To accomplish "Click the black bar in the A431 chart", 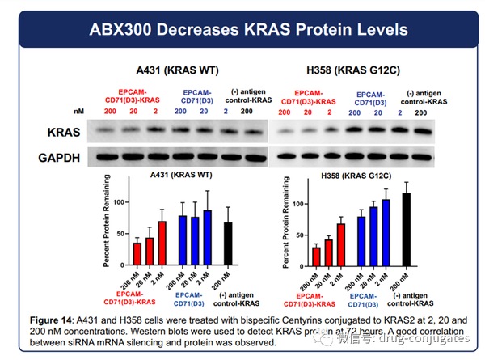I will tap(229, 244).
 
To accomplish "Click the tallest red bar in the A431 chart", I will tap(162, 244).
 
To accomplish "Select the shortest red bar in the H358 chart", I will tap(316, 256).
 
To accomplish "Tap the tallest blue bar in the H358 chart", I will tap(385, 233).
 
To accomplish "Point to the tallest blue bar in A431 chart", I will tap(208, 239).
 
